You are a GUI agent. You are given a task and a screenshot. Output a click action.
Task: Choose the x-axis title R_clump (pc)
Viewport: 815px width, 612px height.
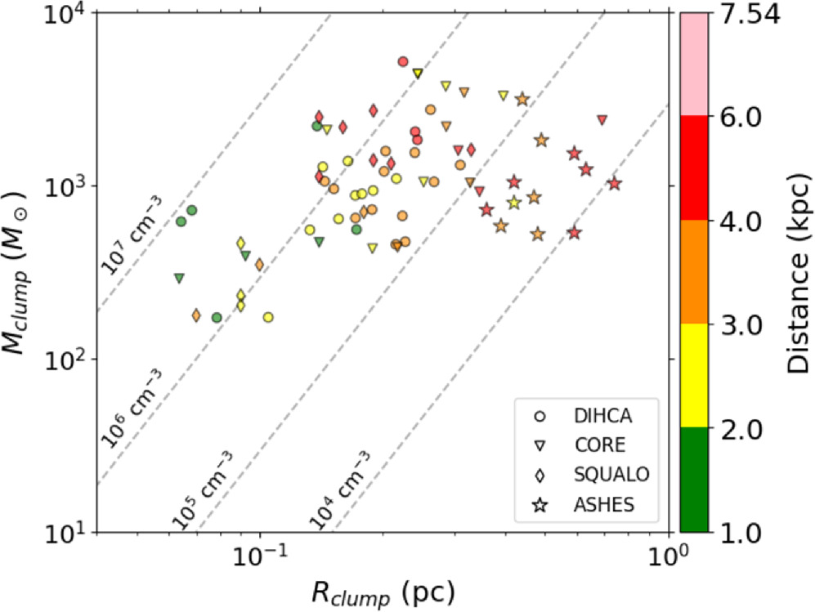point(383,590)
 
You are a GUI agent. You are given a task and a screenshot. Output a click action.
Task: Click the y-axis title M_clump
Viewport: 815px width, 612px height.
point(20,273)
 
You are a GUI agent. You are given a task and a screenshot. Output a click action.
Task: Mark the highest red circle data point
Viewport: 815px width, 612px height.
point(403,61)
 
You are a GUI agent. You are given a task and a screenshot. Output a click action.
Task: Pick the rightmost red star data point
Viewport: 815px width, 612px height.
point(615,184)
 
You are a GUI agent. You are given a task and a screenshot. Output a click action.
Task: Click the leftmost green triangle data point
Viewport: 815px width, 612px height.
point(179,279)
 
